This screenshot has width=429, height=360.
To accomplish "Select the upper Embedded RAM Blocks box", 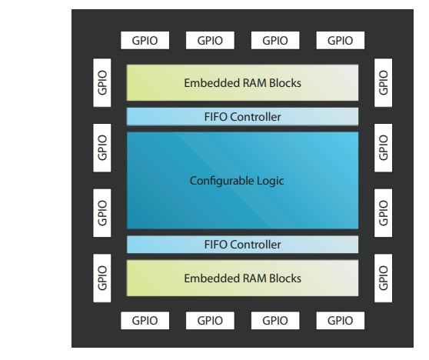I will pyautogui.click(x=243, y=83).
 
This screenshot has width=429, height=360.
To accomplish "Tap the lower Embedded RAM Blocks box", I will pyautogui.click(x=243, y=278).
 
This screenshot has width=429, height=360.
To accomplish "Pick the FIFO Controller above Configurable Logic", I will pyautogui.click(x=243, y=117).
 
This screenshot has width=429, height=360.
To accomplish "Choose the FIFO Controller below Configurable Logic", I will pyautogui.click(x=243, y=245).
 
